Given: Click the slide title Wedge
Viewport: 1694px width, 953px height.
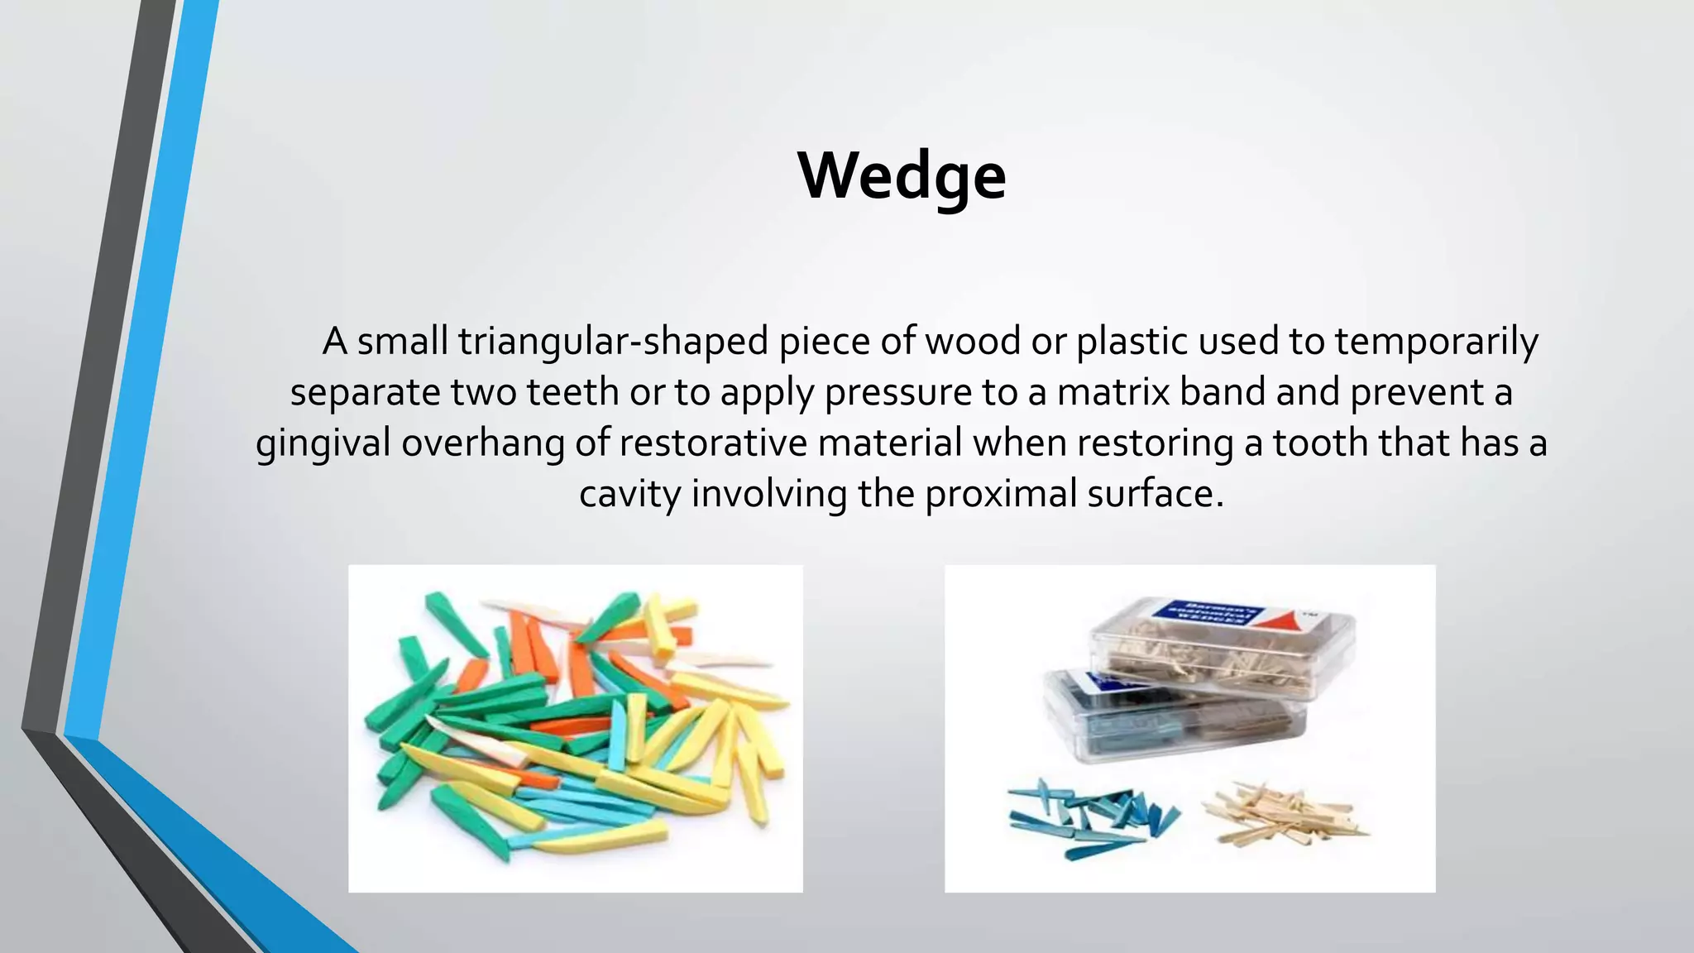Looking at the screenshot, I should pos(902,175).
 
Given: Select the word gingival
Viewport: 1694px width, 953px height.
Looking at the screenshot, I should pos(323,443).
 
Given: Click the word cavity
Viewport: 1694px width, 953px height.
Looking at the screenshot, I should pos(629,494).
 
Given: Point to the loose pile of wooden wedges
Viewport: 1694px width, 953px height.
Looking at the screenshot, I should pos(1282,815).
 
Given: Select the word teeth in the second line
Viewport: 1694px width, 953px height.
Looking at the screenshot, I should pos(572,392).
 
